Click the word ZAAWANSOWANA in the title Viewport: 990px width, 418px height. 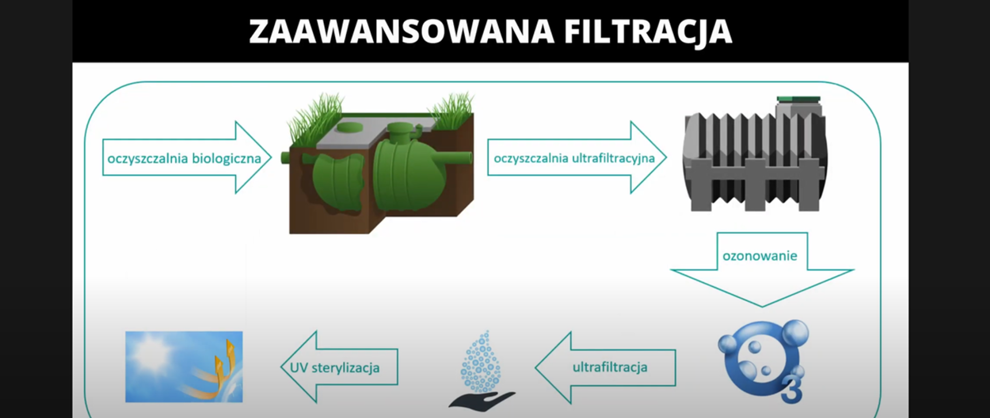[401, 32]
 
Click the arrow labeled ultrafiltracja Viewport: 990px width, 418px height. [608, 367]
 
